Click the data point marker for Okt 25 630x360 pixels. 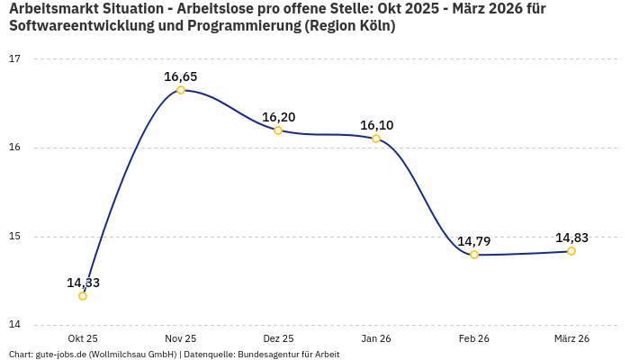[x=83, y=296]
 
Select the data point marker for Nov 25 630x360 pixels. [x=181, y=90]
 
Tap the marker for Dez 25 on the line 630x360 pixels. [x=278, y=130]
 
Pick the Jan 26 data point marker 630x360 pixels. [x=376, y=139]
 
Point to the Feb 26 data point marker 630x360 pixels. [x=474, y=255]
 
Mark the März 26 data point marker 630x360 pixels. [x=571, y=251]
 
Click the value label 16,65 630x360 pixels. [x=181, y=76]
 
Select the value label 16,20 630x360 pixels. [x=278, y=117]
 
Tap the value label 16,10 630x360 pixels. [x=376, y=125]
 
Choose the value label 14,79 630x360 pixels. [x=474, y=241]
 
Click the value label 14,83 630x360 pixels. [x=571, y=238]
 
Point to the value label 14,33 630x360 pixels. [x=83, y=283]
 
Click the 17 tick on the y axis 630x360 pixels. [x=14, y=59]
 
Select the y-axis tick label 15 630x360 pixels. [x=14, y=237]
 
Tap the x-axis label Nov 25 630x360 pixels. [x=181, y=338]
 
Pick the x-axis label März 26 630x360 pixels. [x=571, y=338]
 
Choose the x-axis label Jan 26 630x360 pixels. [x=376, y=338]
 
